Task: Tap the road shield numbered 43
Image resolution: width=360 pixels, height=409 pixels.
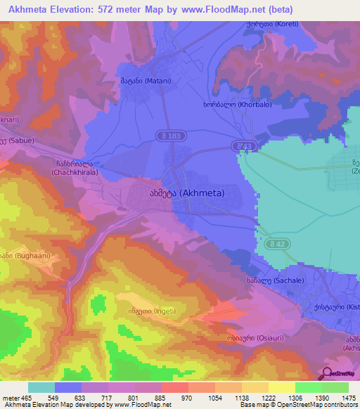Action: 244,145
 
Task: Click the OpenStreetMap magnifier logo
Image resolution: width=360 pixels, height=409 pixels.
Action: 328,373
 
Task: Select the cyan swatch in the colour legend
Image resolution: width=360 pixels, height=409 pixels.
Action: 41,387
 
